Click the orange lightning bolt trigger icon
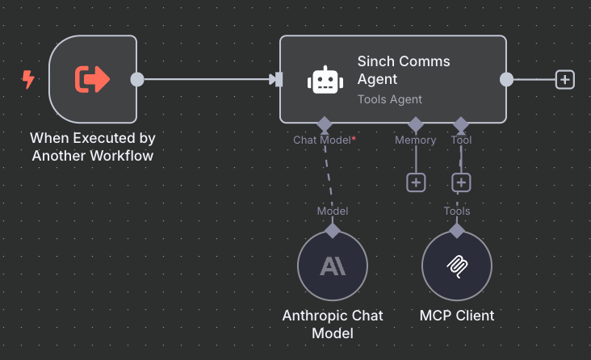point(29,79)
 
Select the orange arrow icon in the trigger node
point(92,79)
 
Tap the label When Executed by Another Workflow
point(92,147)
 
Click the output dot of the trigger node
point(137,79)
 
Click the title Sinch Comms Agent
point(404,70)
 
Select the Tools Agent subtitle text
point(390,99)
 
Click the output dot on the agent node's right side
point(506,79)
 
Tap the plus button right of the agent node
point(565,79)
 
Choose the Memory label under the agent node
point(415,140)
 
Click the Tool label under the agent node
point(461,140)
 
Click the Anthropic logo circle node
point(333,266)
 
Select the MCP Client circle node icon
point(457,266)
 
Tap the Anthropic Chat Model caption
point(333,324)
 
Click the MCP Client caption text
point(457,315)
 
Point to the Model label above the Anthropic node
point(332,211)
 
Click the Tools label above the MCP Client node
point(457,211)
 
